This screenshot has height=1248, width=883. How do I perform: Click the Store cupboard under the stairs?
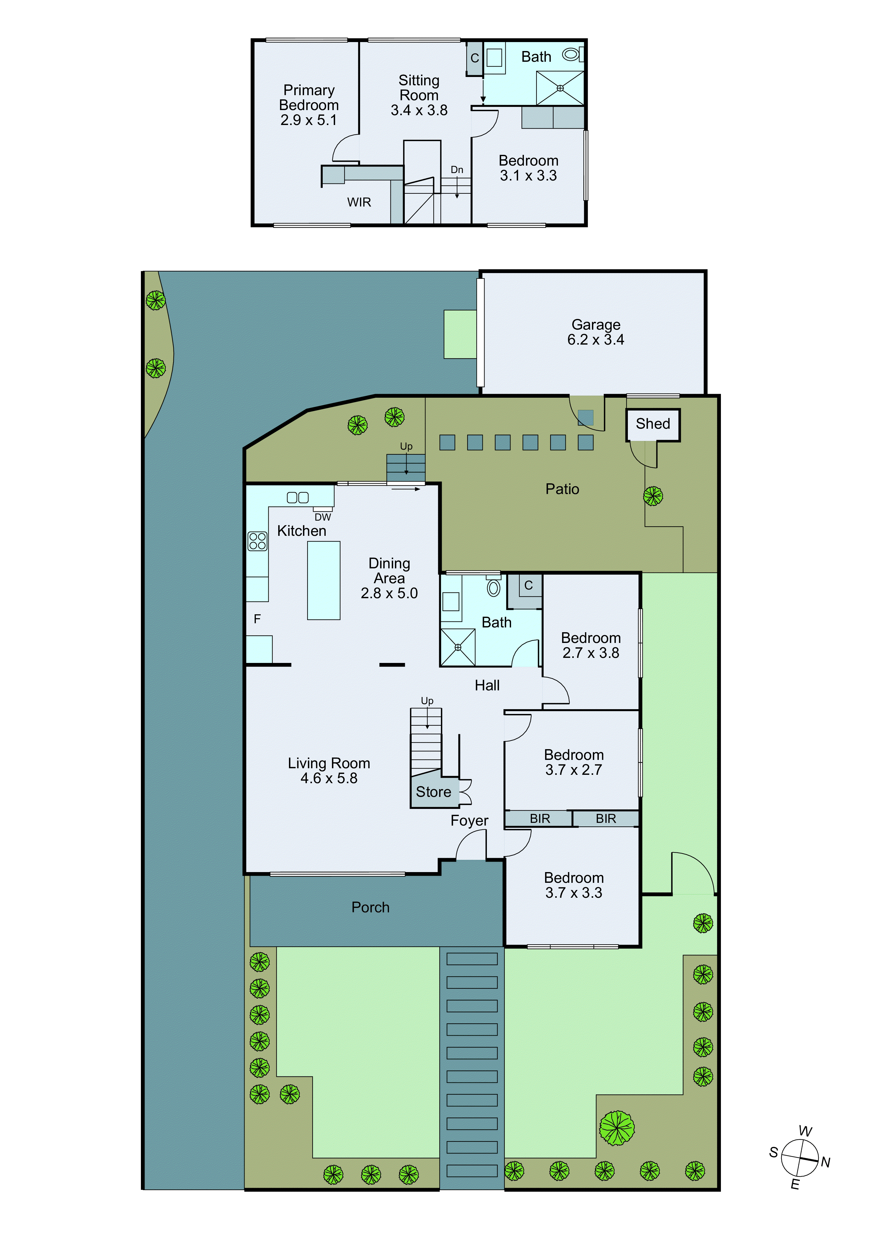[433, 792]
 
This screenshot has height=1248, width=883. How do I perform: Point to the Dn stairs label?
[457, 169]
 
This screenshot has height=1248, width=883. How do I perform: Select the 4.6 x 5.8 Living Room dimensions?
[329, 778]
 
